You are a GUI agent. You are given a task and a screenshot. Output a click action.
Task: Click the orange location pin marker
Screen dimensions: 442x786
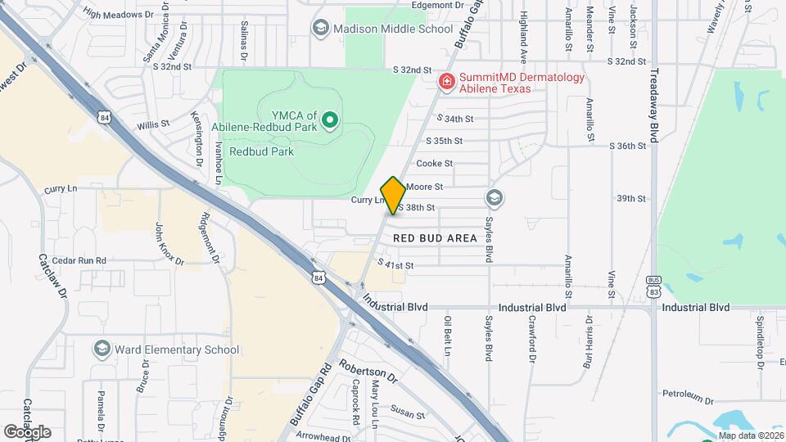pyautogui.click(x=393, y=196)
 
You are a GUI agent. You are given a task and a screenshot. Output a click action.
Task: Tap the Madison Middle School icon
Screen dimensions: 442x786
pyautogui.click(x=320, y=29)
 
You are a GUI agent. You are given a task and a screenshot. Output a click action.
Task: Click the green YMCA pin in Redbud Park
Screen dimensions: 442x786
pyautogui.click(x=330, y=121)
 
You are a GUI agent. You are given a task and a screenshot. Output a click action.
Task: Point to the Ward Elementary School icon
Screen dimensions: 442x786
pyautogui.click(x=102, y=350)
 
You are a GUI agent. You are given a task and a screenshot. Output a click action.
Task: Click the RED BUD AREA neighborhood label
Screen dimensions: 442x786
pyautogui.click(x=435, y=238)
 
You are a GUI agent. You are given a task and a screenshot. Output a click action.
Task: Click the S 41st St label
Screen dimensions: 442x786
pyautogui.click(x=396, y=265)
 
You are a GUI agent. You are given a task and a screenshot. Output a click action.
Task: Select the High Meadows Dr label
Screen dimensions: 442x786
pyautogui.click(x=118, y=14)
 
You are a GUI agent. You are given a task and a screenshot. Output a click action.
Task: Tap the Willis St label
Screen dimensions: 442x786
pyautogui.click(x=153, y=124)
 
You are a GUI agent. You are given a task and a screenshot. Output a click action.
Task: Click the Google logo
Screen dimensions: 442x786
pyautogui.click(x=27, y=431)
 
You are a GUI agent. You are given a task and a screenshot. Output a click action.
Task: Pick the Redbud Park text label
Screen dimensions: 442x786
pyautogui.click(x=261, y=151)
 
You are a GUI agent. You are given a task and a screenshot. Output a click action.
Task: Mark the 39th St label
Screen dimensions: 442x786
pyautogui.click(x=631, y=198)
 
